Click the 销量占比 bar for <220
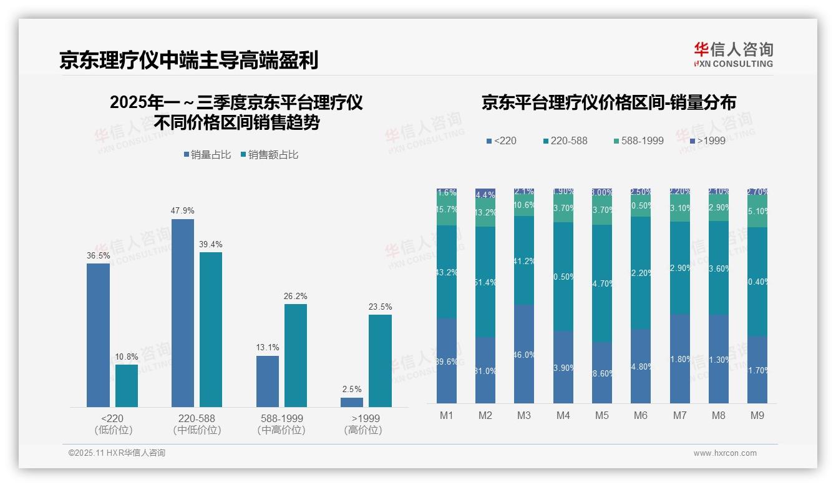pos(98,335)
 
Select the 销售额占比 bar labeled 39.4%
pos(211,330)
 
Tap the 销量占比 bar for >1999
pos(352,403)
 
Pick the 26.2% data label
pos(296,296)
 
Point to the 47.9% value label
pos(183,210)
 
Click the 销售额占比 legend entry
pos(269,155)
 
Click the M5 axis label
pos(601,415)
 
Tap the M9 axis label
pos(757,415)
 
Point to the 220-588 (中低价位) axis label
pos(197,424)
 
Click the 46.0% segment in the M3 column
pos(524,354)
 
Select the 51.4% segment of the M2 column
pos(485,282)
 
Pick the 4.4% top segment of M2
pos(485,194)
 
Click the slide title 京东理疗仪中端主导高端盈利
pos(189,60)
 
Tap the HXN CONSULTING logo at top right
pos(733,54)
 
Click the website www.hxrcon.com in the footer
pos(725,453)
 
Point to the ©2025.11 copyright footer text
pos(117,453)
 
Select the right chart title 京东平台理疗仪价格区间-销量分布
pos(608,102)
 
